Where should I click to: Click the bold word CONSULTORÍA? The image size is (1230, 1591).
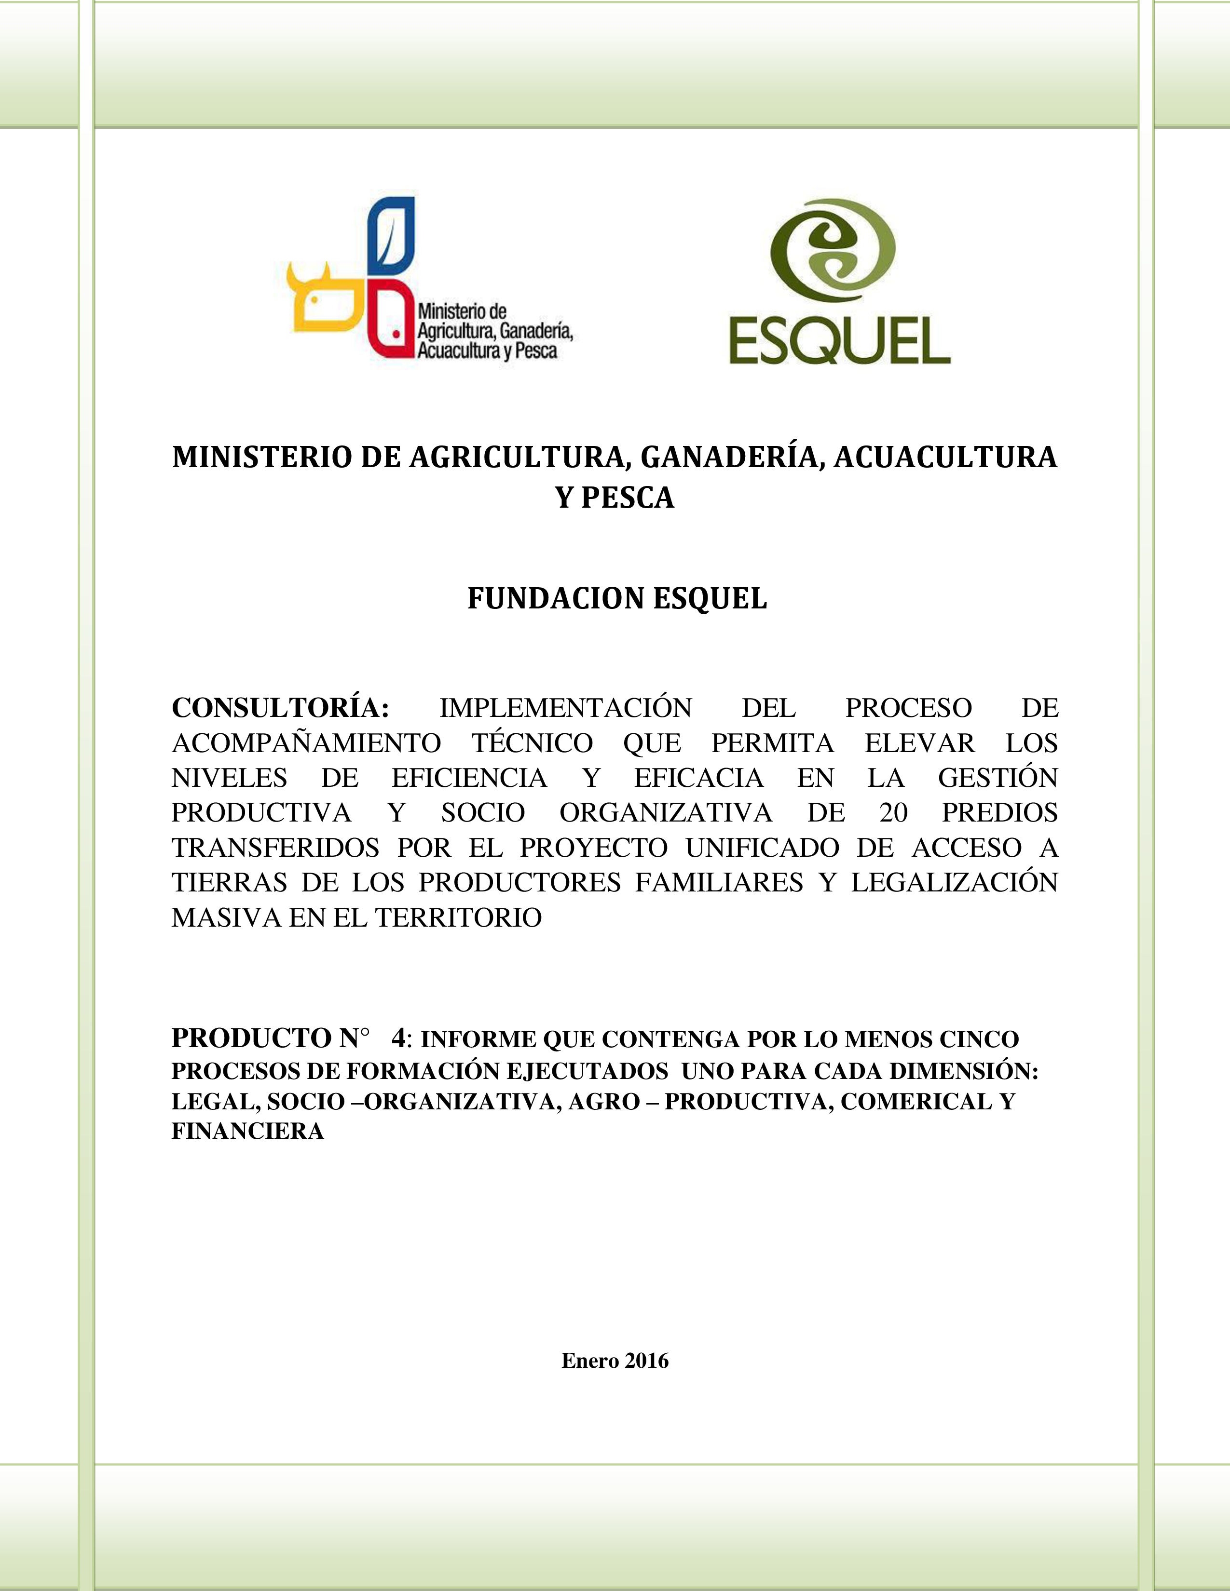[281, 707]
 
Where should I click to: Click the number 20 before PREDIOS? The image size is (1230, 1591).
[893, 812]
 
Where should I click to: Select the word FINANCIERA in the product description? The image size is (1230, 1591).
[247, 1131]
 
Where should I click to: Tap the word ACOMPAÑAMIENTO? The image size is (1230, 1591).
[306, 743]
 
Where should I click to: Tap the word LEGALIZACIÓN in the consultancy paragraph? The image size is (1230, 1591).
[954, 882]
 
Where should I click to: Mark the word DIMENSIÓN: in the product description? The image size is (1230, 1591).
[963, 1070]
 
